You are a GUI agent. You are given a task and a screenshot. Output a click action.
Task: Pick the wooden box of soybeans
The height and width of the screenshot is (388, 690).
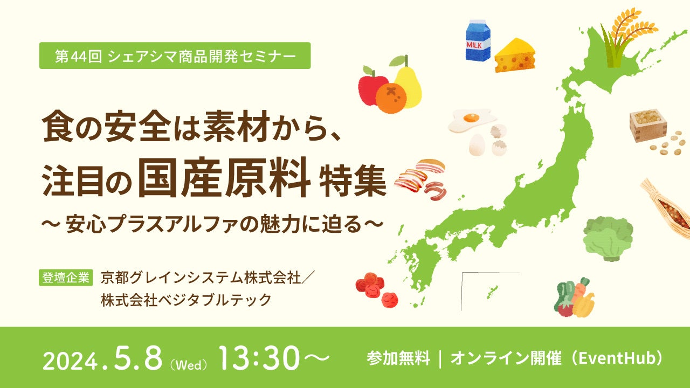[647, 126]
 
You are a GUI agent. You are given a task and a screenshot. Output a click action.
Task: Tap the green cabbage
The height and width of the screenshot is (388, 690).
[608, 238]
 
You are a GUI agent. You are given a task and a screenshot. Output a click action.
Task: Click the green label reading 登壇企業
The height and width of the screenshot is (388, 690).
[66, 277]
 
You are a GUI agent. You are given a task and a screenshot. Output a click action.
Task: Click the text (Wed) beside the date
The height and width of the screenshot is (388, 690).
[189, 364]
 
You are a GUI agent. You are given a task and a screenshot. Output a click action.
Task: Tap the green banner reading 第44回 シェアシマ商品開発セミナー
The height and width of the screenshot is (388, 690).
[175, 56]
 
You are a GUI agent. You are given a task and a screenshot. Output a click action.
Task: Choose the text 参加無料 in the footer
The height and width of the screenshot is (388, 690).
[398, 358]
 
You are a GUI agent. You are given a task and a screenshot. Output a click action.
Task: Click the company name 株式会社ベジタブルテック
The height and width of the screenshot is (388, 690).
[185, 300]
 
